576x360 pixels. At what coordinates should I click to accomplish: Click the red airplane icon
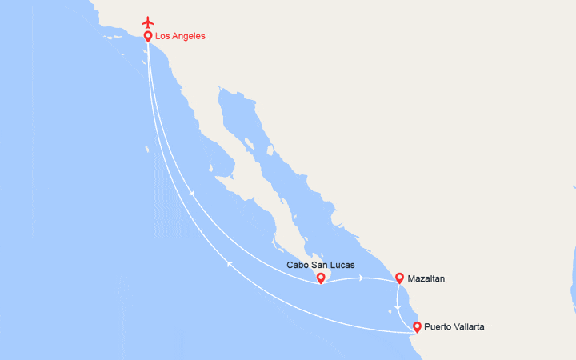click(147, 21)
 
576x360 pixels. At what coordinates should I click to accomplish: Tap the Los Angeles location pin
click(148, 36)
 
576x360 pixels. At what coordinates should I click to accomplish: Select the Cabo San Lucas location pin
click(320, 278)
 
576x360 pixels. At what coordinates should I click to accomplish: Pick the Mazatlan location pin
click(399, 278)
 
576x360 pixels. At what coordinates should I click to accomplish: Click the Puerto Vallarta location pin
click(417, 326)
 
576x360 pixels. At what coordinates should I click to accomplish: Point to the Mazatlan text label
click(426, 278)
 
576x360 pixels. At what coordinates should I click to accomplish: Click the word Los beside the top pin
click(163, 36)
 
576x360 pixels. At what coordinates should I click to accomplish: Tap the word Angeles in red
click(190, 36)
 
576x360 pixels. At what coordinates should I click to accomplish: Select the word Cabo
click(298, 265)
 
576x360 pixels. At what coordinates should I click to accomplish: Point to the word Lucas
click(342, 265)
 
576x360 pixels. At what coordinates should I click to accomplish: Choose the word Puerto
click(439, 326)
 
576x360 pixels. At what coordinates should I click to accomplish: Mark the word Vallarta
click(470, 326)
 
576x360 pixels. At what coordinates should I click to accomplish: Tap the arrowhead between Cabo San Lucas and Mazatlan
click(362, 278)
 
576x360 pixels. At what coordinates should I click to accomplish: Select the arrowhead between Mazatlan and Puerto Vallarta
click(398, 307)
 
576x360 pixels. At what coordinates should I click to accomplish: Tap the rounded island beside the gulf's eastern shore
click(270, 150)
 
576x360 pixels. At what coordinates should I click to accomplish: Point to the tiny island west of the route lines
click(148, 148)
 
